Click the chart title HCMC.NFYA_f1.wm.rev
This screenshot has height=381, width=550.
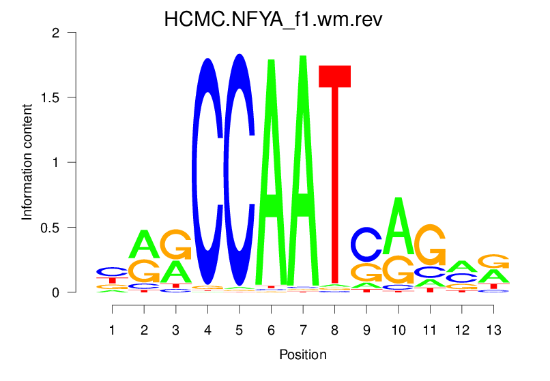(274, 20)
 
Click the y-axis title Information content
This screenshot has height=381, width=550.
(27, 162)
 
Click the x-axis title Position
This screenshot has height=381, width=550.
(303, 355)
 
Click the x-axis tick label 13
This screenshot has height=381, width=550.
(493, 331)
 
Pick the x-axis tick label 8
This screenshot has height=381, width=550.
(334, 331)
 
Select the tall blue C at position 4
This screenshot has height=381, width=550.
(207, 170)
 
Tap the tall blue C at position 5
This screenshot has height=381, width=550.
(239, 170)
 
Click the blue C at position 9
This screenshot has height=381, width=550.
(366, 243)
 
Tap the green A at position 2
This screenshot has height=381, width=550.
(144, 244)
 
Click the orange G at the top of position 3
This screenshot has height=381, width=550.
(176, 244)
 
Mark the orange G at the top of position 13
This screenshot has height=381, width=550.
(493, 261)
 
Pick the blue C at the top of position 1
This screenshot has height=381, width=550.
(113, 271)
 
